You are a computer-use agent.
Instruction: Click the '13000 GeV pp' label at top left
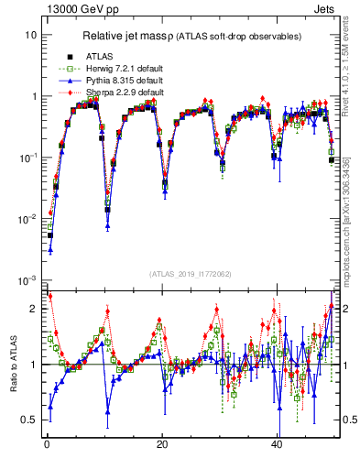pos(80,8)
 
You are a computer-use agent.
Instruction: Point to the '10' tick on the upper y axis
pos(31,35)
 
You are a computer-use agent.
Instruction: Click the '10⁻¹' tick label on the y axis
pos(28,157)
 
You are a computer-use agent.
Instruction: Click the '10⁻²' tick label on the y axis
pos(28,218)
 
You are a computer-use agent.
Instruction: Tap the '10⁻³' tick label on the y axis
pos(28,279)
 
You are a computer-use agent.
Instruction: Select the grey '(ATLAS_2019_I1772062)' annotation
pos(190,274)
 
